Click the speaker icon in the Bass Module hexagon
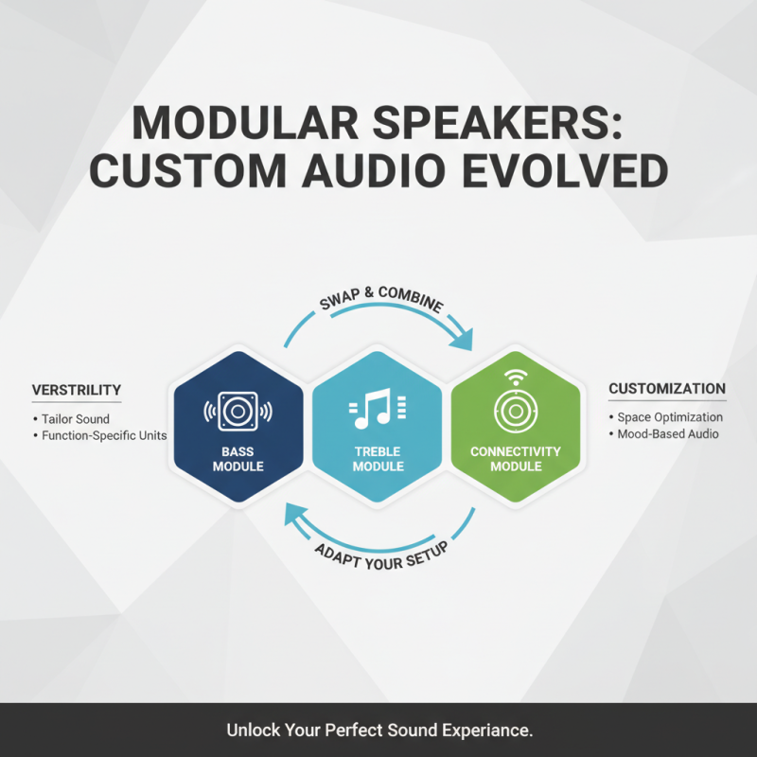pos(238,412)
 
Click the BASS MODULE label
pos(238,459)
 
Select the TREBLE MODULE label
pos(378,459)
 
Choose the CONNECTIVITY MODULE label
pos(516,459)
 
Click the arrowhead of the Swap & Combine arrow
pos(463,340)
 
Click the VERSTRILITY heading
pos(77,390)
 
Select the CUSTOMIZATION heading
pos(667,389)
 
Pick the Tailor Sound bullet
pos(75,418)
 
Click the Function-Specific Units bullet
pos(103,436)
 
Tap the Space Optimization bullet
pos(669,417)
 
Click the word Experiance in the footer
pos(480,731)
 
